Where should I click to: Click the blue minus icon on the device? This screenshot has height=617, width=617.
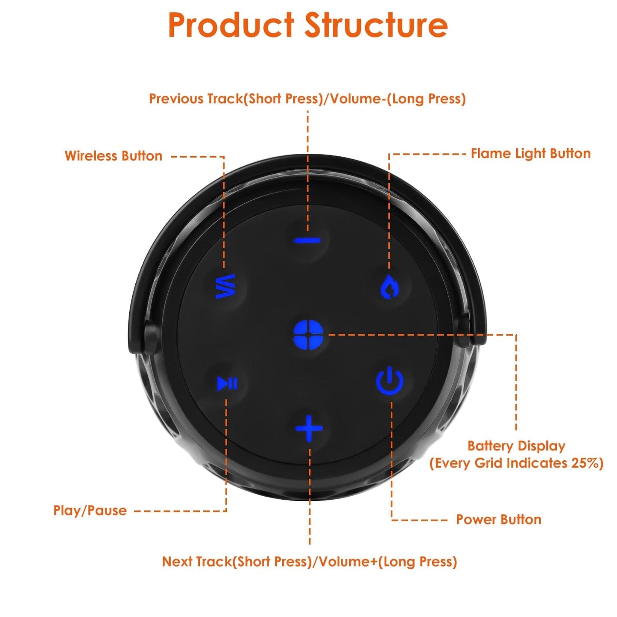(307, 240)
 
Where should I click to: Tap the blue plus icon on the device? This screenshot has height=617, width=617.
(309, 428)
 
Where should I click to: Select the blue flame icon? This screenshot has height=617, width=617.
(389, 287)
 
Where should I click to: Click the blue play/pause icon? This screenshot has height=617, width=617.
(227, 383)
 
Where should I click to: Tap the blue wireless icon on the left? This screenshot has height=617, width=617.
(225, 286)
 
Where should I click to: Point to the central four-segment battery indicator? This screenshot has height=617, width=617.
(308, 335)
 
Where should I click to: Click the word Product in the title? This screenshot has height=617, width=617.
(231, 25)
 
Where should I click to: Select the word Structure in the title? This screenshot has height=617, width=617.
(376, 25)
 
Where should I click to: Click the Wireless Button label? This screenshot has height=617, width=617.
(113, 156)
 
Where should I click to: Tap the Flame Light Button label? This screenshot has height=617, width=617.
(530, 154)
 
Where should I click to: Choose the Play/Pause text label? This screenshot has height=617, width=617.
(90, 510)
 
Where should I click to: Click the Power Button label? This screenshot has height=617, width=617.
(498, 520)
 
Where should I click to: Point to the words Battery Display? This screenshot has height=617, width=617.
(516, 446)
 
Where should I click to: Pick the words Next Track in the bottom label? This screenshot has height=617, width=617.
(196, 561)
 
